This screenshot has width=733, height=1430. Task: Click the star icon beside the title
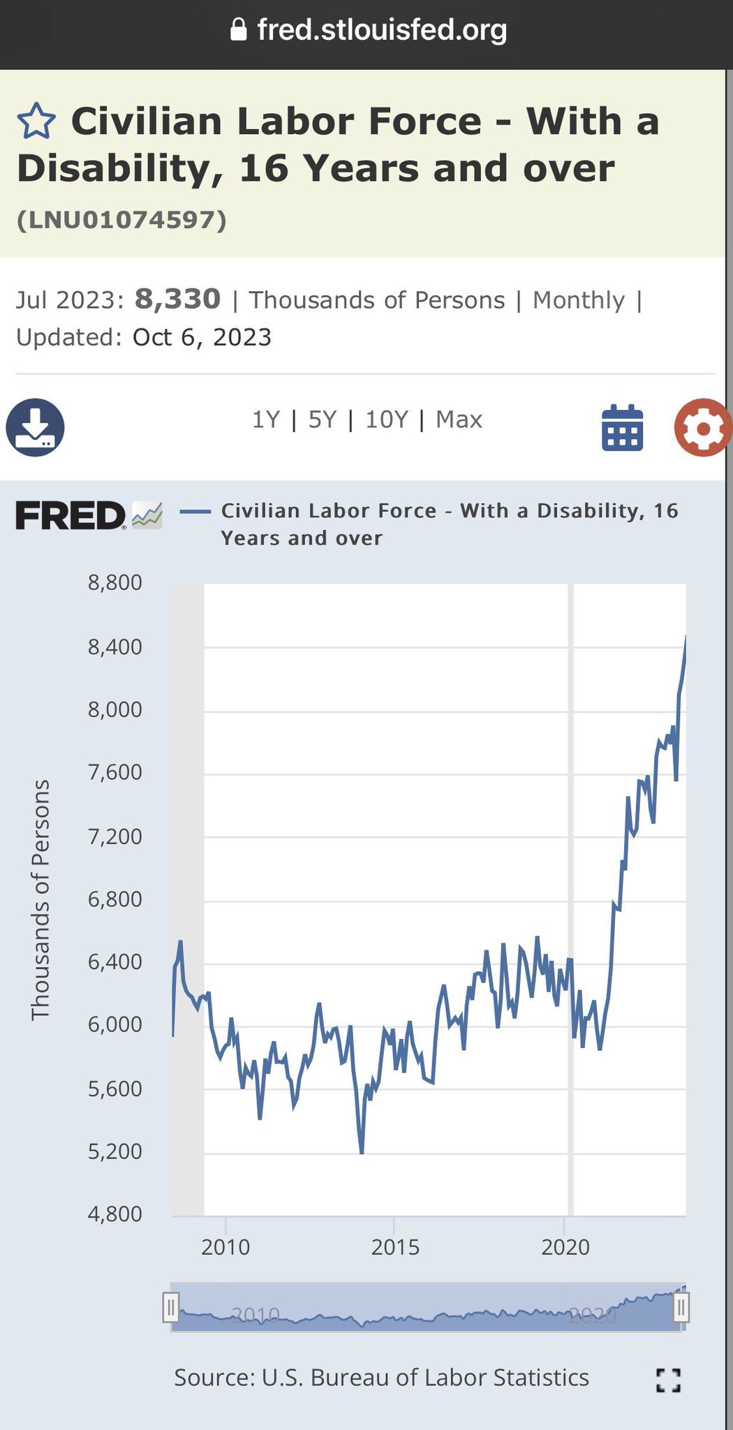point(36,121)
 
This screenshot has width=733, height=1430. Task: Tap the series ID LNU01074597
point(121,220)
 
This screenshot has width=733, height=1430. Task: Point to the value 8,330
point(177,299)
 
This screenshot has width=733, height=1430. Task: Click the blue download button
point(35,427)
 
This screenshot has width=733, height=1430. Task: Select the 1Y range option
point(265,420)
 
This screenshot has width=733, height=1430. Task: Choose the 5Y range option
point(323,420)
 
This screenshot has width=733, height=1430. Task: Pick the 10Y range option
point(386,420)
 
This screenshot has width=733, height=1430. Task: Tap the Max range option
point(459,420)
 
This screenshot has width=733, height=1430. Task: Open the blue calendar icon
point(622,427)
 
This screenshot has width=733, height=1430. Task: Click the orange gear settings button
point(702,427)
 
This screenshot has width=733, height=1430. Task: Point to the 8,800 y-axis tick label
point(114,582)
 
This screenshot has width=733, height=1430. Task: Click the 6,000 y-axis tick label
point(114,1024)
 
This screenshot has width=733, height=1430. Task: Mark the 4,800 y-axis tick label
point(114,1214)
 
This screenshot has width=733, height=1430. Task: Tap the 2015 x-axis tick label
point(395,1246)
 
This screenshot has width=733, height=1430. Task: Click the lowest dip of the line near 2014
point(362,1152)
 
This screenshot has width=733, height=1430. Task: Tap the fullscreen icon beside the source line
point(668,1380)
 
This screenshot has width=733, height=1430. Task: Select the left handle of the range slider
point(170,1307)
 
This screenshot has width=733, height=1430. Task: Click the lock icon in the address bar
point(239,29)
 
